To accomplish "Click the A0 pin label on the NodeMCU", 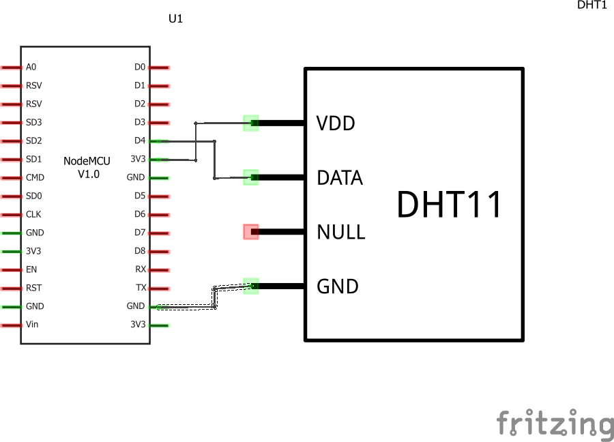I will click(x=31, y=67).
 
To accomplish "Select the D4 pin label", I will click(x=140, y=141).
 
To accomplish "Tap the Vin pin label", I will click(x=32, y=324).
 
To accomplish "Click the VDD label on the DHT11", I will click(x=336, y=123).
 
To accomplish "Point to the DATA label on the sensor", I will click(x=340, y=178).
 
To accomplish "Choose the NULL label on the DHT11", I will click(x=341, y=232).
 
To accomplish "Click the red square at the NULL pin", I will click(x=251, y=232).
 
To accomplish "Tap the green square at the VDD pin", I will click(x=251, y=123).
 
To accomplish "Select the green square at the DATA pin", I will click(x=251, y=177).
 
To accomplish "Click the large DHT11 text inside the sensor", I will click(x=450, y=205).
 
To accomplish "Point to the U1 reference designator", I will click(x=176, y=19).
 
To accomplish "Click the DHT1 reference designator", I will click(x=591, y=5).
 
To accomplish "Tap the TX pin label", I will click(x=141, y=288).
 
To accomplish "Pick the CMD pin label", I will click(x=35, y=177).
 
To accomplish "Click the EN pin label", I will click(x=31, y=269).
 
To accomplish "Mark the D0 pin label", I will click(x=140, y=67).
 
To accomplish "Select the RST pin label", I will click(x=33, y=288).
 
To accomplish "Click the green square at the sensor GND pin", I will click(x=251, y=286).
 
